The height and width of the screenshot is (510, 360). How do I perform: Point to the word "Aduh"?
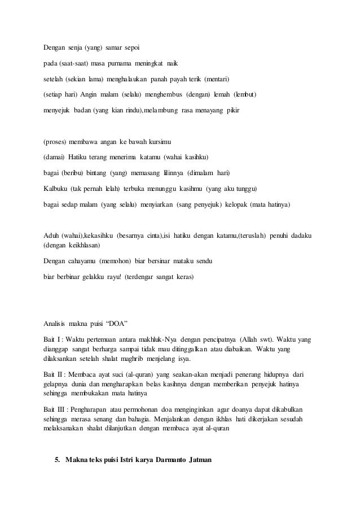coord(53,235)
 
